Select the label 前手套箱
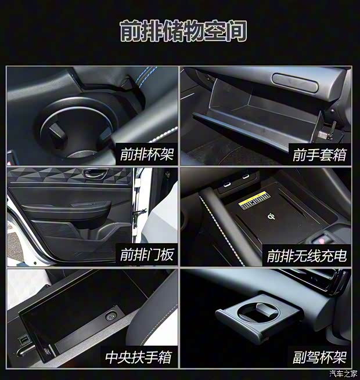(319, 155)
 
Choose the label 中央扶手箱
(139, 356)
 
